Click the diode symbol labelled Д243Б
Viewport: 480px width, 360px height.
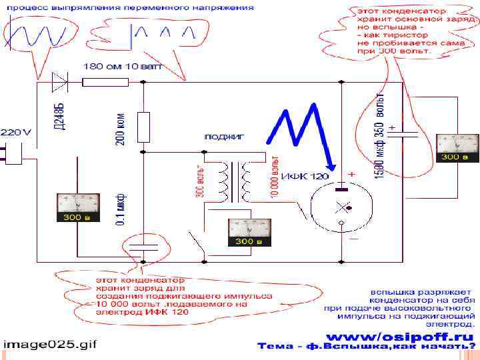[x=60, y=82]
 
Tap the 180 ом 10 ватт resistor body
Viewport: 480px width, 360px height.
[x=105, y=82]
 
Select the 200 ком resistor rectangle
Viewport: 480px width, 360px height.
[x=144, y=126]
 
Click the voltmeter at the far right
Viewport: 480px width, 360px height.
[x=457, y=147]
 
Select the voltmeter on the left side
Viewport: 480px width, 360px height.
[x=76, y=206]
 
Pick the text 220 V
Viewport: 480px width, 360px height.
[x=16, y=133]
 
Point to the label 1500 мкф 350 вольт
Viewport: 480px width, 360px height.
[x=380, y=137]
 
